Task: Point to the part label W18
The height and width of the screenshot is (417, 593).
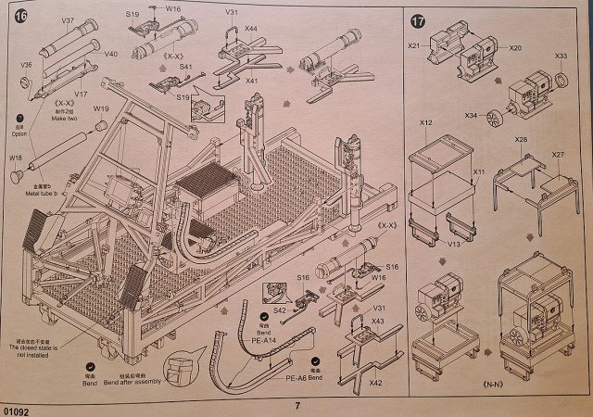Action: click(x=16, y=158)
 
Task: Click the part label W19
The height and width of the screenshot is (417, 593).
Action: click(x=101, y=107)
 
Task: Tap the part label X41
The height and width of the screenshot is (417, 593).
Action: click(x=250, y=82)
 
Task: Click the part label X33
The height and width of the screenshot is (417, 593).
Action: click(x=560, y=57)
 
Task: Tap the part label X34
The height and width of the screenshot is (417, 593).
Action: click(x=472, y=116)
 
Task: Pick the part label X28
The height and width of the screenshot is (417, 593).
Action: click(x=521, y=139)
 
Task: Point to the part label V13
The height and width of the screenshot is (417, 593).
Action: click(x=453, y=246)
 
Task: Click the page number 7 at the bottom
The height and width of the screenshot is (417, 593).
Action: click(x=297, y=405)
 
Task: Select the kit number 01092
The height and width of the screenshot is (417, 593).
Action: click(x=17, y=408)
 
